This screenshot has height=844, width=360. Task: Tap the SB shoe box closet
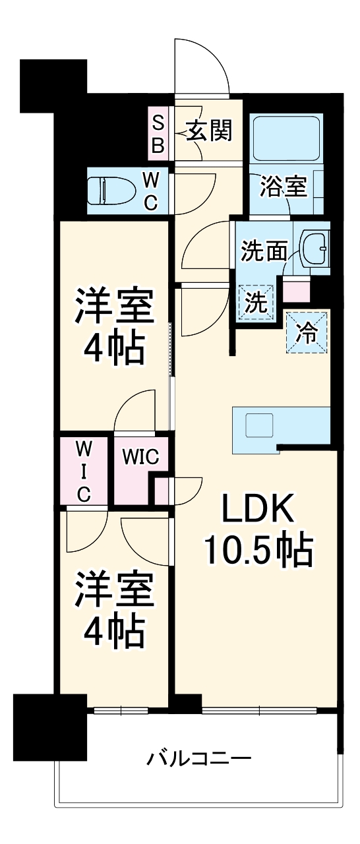tap(158, 135)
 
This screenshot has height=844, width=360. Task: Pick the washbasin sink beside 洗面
tap(315, 249)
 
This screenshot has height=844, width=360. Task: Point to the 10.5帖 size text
tap(257, 551)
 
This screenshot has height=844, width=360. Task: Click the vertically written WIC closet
tap(84, 471)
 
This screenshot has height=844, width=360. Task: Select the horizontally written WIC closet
tap(139, 458)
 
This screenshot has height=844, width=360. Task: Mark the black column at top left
tap(53, 84)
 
